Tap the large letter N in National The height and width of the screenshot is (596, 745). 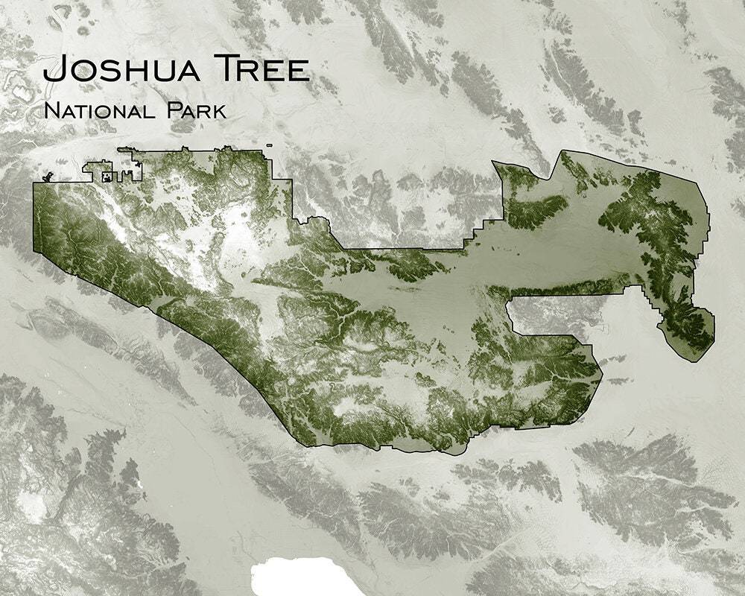(x=51, y=111)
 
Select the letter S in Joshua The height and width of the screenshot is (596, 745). (x=104, y=72)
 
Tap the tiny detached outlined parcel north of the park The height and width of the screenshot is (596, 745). (x=268, y=146)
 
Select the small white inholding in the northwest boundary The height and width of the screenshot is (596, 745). (x=107, y=177)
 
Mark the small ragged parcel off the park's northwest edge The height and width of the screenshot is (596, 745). (x=50, y=177)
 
